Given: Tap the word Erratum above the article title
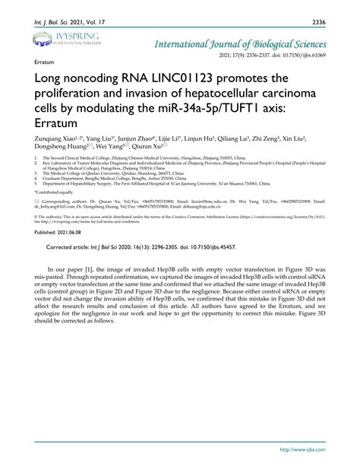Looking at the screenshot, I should [43, 60].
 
